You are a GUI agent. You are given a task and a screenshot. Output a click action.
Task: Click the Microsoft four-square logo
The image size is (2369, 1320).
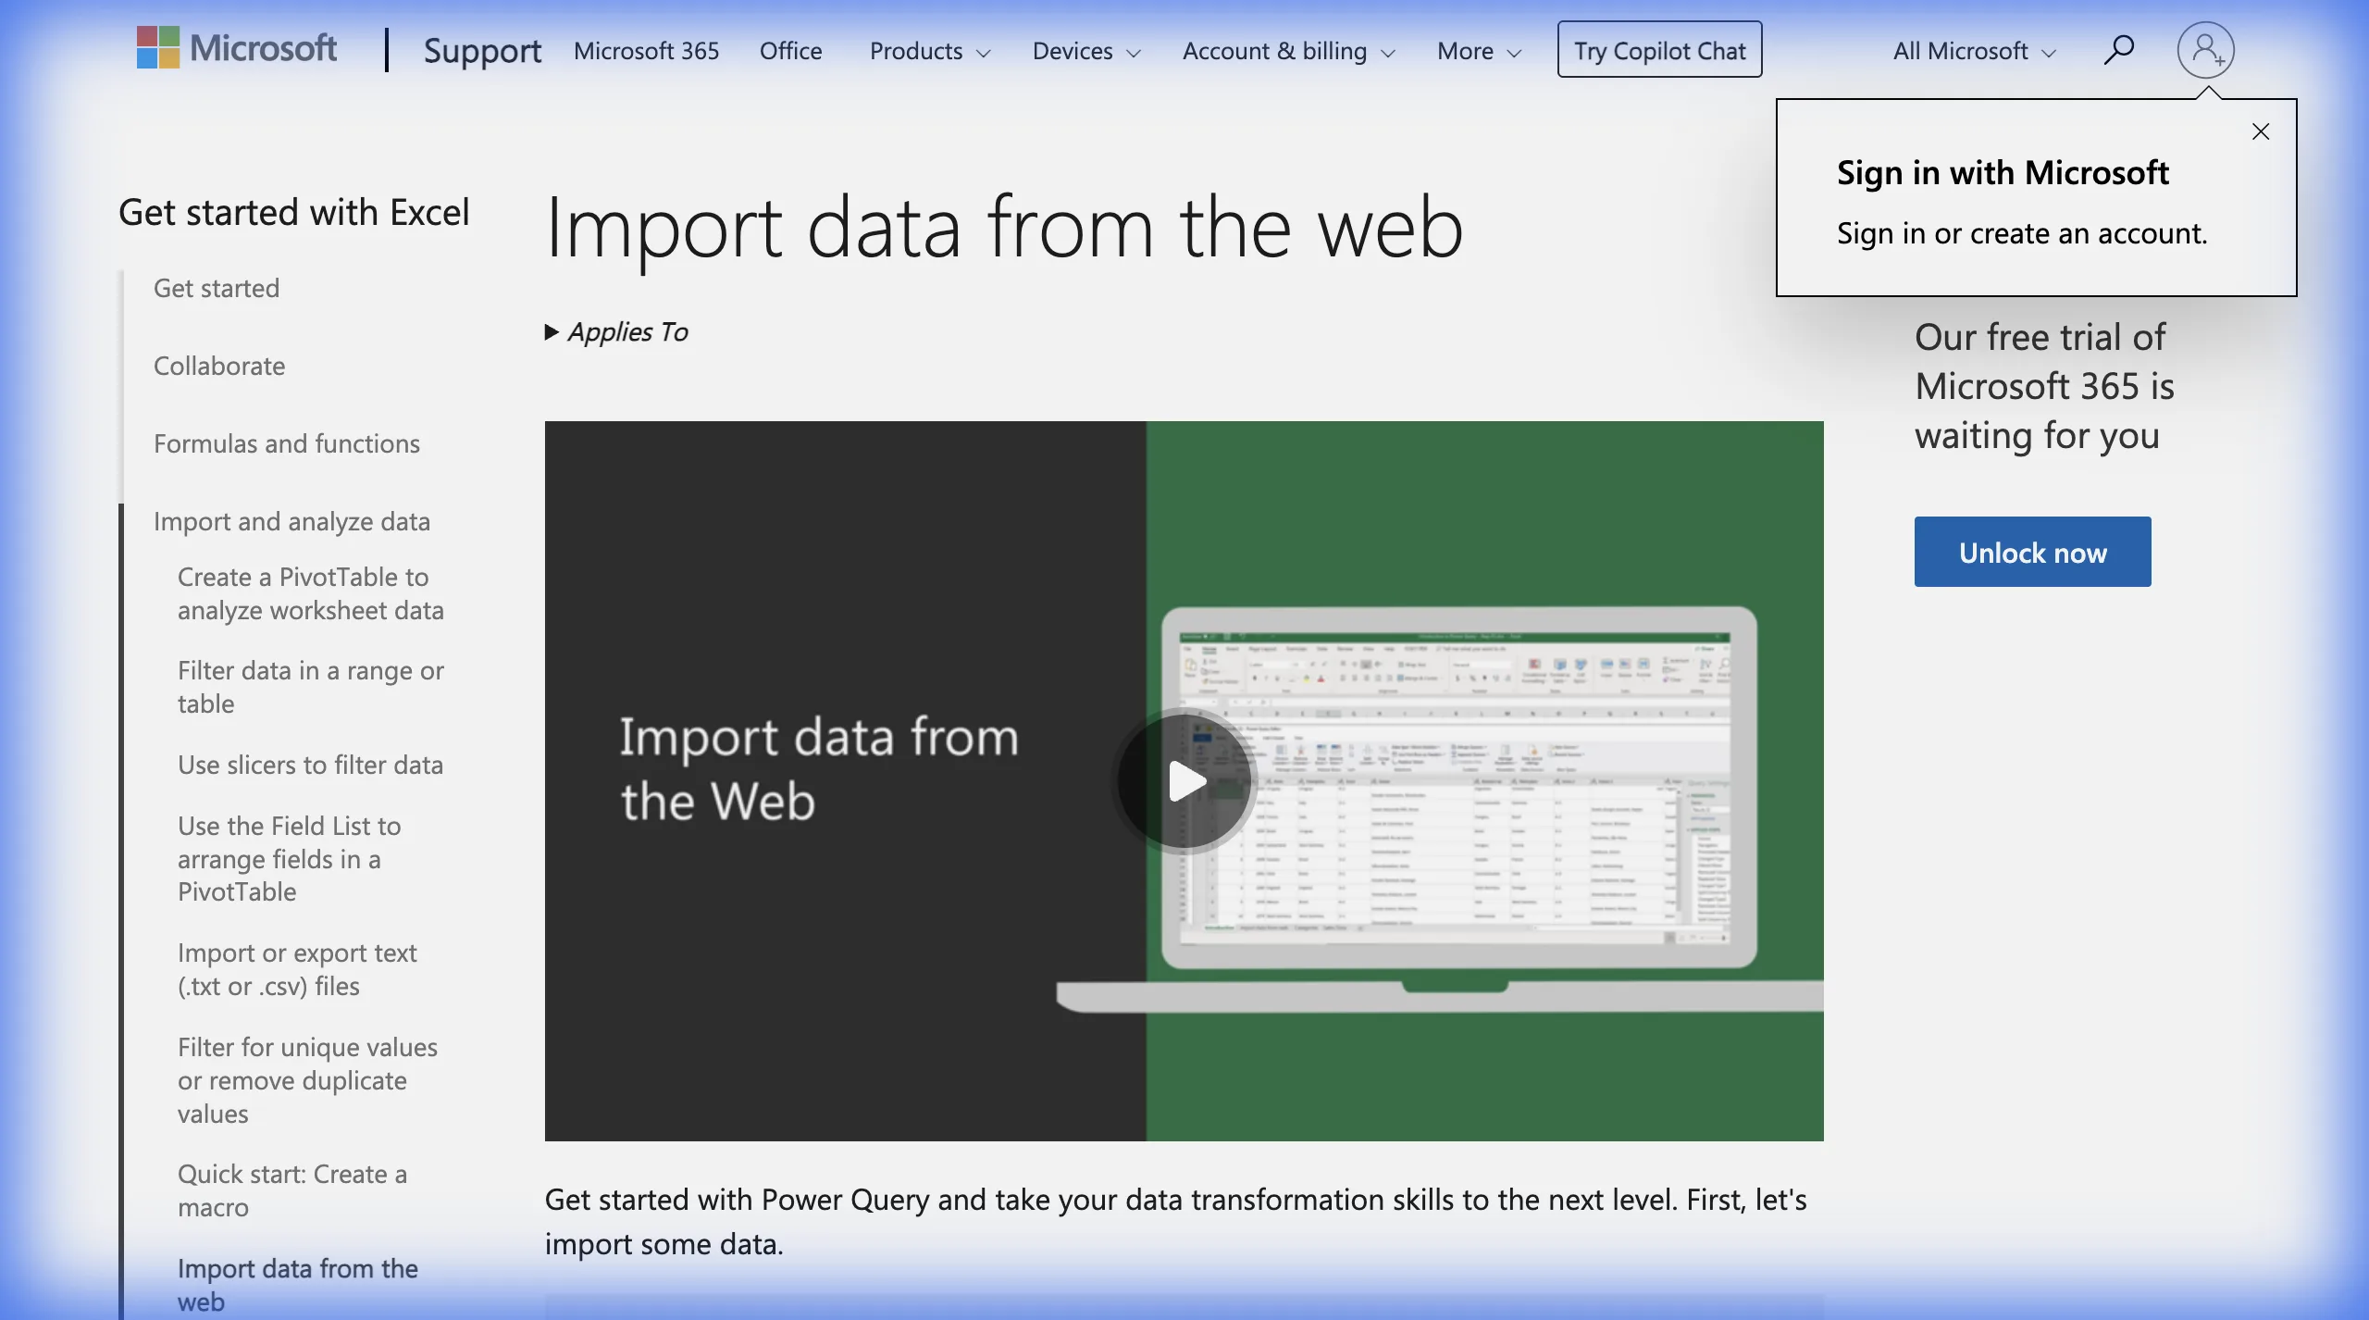click(158, 47)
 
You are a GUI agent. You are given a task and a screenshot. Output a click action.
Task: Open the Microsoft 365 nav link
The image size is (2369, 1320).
click(646, 51)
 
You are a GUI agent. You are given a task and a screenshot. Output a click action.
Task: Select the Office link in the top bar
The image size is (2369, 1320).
click(790, 51)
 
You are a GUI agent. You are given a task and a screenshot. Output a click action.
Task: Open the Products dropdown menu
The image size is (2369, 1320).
click(929, 51)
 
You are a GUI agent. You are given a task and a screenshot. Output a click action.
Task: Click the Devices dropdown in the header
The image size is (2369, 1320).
click(1085, 51)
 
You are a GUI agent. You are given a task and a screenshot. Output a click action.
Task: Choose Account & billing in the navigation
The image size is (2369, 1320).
click(1287, 51)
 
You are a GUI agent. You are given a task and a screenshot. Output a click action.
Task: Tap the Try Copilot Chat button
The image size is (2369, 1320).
click(1659, 50)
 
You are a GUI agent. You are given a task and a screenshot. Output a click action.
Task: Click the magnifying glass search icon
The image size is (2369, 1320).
click(2118, 49)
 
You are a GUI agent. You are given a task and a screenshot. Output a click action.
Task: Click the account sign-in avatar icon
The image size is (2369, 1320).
click(2205, 50)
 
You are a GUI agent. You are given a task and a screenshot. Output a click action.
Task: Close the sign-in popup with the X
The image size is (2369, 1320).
click(2261, 131)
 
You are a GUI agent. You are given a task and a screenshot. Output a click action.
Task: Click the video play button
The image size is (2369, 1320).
click(1184, 781)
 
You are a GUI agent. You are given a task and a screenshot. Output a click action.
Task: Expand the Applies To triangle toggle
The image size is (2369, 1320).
click(552, 332)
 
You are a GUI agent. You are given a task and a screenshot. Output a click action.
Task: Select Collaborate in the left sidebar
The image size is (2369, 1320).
click(219, 366)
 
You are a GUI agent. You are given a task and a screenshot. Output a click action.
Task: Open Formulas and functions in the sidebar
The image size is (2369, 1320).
click(287, 443)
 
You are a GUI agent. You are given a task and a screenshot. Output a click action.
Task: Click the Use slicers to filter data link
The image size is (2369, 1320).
click(310, 765)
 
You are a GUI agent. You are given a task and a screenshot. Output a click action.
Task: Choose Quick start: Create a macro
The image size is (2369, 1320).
click(291, 1190)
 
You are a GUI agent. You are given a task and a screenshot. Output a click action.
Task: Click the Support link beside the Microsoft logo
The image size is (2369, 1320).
click(482, 51)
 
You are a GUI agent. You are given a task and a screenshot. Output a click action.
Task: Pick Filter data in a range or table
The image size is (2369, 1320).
click(310, 687)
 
